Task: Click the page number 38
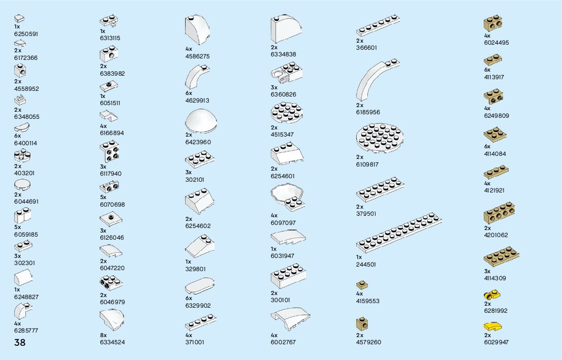coord(20,342)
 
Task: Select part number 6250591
coord(26,34)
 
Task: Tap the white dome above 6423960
coord(203,121)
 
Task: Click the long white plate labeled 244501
coord(398,235)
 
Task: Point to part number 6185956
coord(368,112)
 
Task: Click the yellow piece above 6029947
coord(493,326)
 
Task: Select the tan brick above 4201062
coord(498,215)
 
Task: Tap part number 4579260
coord(368,342)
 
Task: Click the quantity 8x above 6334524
coord(103,335)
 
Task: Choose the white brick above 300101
coord(288,276)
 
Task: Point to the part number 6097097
coord(283,223)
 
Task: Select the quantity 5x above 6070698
coord(103,197)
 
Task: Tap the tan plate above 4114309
coord(501,258)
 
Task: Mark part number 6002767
coord(283,342)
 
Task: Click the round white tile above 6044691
coord(23,184)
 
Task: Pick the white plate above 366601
coord(378,26)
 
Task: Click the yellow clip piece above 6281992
coord(493,295)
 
